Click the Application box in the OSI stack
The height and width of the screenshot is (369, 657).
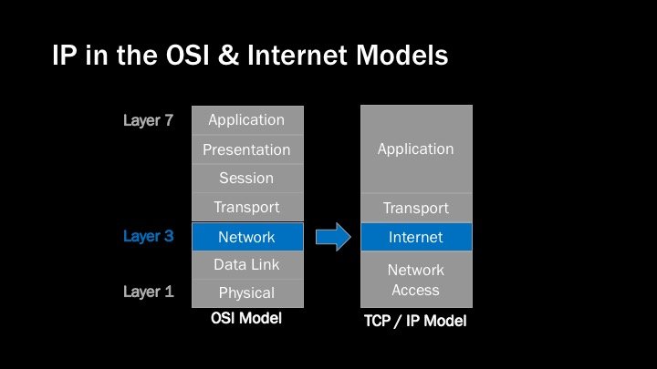click(246, 120)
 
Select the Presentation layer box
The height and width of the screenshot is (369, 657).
click(246, 149)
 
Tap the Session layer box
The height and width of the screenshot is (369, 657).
click(246, 179)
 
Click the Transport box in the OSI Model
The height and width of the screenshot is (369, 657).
click(246, 208)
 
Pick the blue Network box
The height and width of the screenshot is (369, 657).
click(246, 237)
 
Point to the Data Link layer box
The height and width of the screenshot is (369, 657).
click(246, 265)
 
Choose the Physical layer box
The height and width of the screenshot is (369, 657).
click(246, 292)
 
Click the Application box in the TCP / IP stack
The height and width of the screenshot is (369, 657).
click(416, 149)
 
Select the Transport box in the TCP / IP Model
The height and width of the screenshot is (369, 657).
click(416, 209)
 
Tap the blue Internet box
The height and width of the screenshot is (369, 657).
click(416, 237)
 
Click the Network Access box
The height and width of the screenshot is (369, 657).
click(416, 280)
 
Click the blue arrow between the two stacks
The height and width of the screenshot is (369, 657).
click(333, 237)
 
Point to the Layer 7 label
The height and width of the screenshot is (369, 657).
click(148, 120)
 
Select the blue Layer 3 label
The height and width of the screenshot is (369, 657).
click(148, 237)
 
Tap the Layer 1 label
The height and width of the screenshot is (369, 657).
click(148, 292)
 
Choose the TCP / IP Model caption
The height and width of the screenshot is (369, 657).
click(415, 322)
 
